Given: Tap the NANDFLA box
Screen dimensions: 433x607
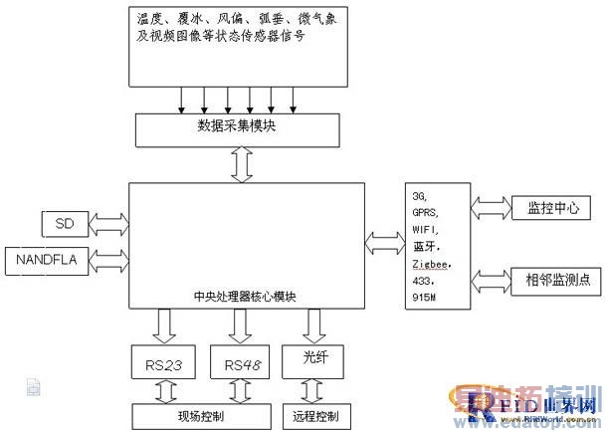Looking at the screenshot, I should click(x=48, y=260).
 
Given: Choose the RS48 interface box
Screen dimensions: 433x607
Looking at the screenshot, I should click(x=243, y=363).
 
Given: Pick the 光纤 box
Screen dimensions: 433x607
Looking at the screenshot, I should click(x=313, y=360).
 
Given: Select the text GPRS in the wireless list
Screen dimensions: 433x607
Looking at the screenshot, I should click(x=425, y=212).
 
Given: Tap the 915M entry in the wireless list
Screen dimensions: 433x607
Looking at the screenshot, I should click(x=425, y=297).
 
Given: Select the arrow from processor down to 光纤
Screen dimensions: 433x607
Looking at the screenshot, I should click(x=314, y=324).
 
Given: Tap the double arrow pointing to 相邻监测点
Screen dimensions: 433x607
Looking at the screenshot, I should click(x=487, y=279).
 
